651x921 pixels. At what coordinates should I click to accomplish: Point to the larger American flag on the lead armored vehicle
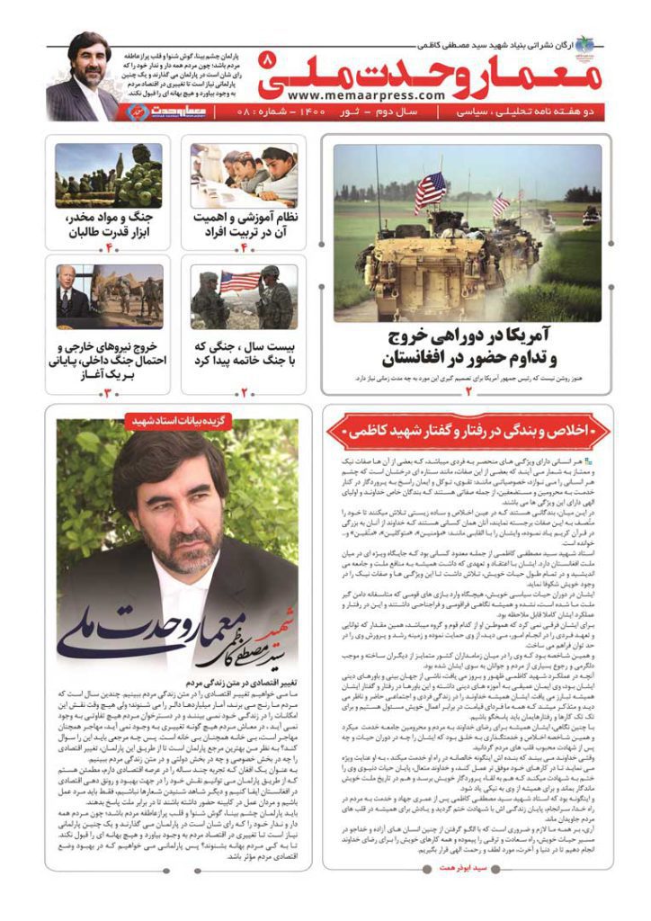pyautogui.click(x=431, y=190)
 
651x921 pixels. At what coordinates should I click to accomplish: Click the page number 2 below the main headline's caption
pyautogui.click(x=468, y=389)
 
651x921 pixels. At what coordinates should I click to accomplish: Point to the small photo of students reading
pyautogui.click(x=244, y=174)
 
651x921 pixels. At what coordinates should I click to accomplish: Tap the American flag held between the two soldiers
pyautogui.click(x=240, y=282)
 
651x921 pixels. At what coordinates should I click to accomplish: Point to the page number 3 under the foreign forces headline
pyautogui.click(x=108, y=392)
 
